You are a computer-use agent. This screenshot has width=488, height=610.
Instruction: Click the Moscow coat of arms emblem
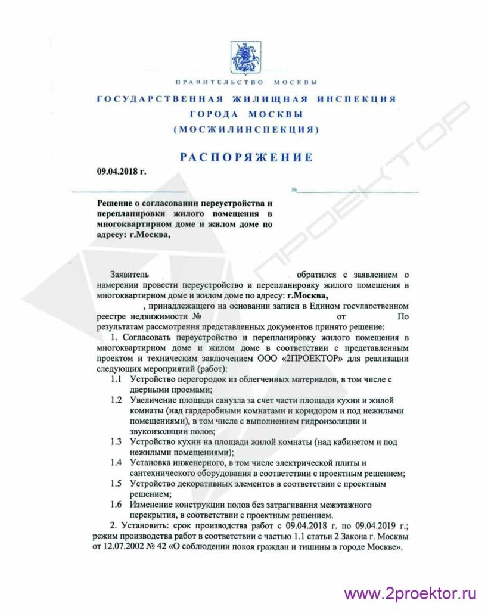click(x=243, y=57)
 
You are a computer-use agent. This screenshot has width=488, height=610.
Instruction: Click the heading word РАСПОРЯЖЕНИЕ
click(x=246, y=157)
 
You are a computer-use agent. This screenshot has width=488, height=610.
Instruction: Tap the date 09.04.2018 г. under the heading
click(x=122, y=172)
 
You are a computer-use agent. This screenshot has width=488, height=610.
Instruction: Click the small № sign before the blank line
click(x=294, y=190)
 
